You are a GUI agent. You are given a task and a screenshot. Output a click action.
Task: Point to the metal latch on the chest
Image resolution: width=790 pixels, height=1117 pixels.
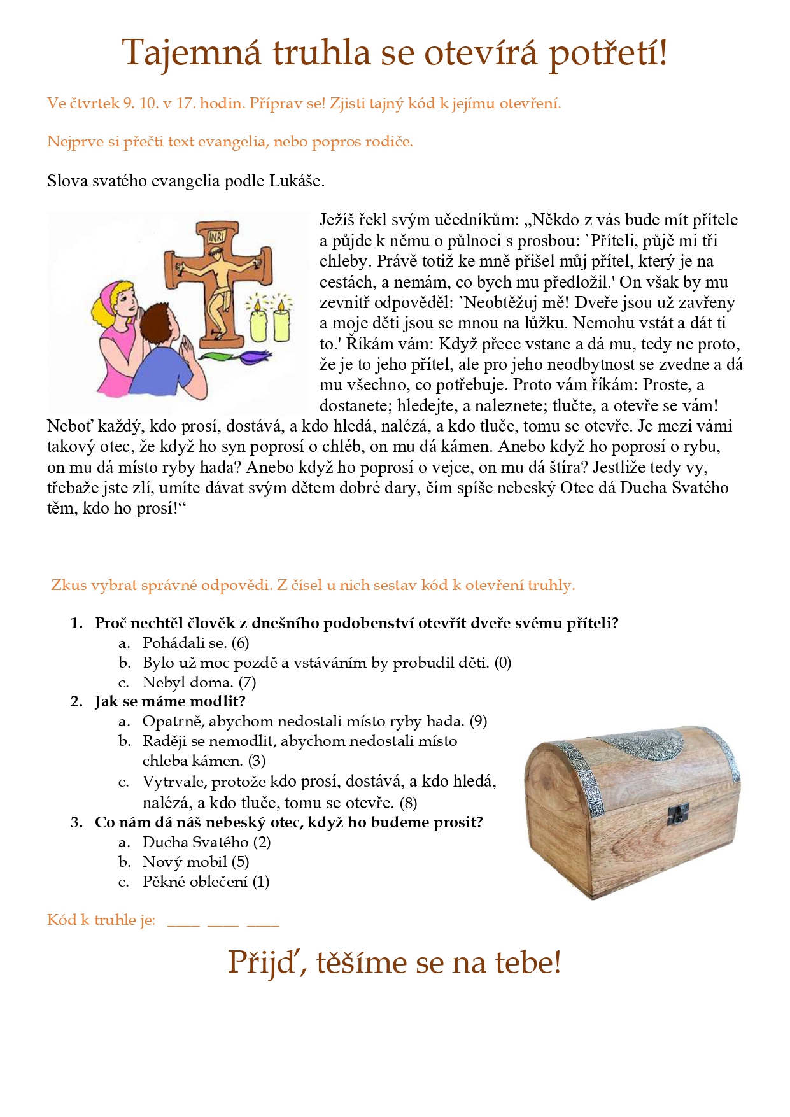(678, 813)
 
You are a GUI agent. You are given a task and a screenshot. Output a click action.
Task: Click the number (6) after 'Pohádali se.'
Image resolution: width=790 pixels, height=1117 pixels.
(240, 643)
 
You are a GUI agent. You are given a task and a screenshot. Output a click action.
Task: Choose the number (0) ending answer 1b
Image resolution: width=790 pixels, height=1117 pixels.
(503, 663)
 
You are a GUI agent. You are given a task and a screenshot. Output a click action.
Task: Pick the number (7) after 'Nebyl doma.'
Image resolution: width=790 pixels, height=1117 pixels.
(247, 683)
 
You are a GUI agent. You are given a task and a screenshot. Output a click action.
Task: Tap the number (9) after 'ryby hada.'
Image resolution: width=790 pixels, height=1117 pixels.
(478, 722)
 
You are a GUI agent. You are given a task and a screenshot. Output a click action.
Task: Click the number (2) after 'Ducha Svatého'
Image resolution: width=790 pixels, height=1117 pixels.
(262, 843)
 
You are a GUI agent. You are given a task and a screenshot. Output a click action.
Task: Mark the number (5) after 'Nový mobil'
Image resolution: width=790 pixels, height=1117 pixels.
(240, 862)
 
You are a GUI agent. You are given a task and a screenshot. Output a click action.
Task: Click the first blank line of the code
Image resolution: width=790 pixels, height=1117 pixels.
(183, 924)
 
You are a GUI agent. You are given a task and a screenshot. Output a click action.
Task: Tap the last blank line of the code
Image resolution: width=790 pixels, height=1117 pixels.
(263, 924)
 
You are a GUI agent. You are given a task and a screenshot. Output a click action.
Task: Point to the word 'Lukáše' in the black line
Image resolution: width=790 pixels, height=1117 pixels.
(296, 181)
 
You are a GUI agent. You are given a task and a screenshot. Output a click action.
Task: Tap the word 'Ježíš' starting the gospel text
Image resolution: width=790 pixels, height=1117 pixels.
(336, 220)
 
